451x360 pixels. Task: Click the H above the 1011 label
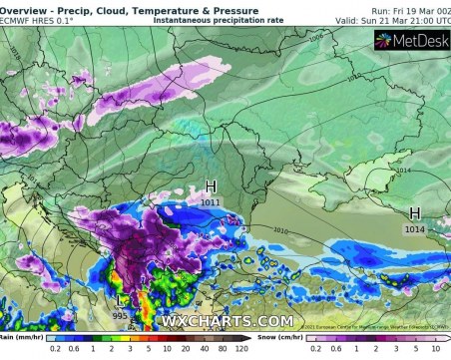point(211,186)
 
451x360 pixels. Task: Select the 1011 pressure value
point(211,202)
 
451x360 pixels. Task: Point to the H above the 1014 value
point(413,212)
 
